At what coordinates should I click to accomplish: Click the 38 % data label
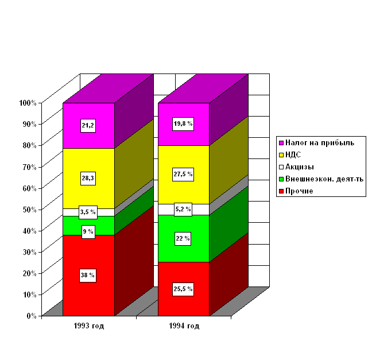click(88, 276)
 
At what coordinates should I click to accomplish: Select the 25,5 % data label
click(183, 289)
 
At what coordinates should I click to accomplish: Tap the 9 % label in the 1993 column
click(88, 232)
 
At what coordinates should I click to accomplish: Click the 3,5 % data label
click(88, 212)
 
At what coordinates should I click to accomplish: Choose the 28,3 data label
click(88, 179)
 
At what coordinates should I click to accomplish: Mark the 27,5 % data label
click(183, 174)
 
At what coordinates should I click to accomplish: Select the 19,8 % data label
click(183, 123)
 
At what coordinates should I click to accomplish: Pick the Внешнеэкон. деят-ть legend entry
click(324, 179)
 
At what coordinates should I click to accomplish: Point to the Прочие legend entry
click(299, 191)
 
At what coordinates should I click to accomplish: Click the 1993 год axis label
click(88, 326)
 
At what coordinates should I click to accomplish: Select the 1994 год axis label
click(184, 326)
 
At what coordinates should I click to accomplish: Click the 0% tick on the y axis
click(31, 315)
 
